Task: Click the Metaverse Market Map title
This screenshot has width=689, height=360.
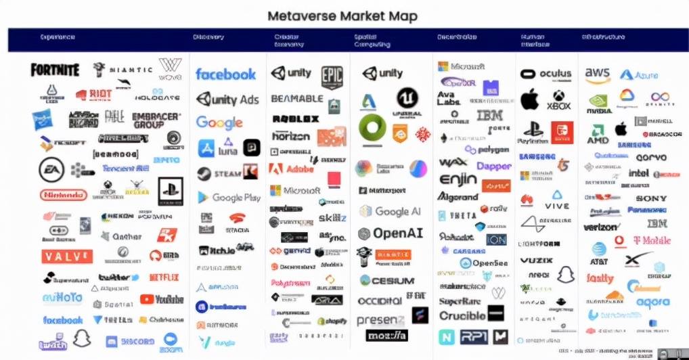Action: point(342,15)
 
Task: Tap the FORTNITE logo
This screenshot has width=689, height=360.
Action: point(55,70)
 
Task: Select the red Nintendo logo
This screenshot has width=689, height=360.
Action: point(64,195)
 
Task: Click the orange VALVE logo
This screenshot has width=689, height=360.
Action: point(66,256)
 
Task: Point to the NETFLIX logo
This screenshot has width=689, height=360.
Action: point(164,277)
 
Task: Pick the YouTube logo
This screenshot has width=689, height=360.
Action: point(162,299)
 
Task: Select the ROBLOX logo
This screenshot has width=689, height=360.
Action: point(296,118)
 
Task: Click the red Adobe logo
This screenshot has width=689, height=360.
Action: point(292,168)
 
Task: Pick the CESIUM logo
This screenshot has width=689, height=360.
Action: point(387,280)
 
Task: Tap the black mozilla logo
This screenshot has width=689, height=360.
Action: point(387,335)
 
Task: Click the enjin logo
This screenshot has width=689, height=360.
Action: point(458,179)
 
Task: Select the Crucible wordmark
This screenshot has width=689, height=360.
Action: point(463,315)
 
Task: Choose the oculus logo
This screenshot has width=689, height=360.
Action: point(547,74)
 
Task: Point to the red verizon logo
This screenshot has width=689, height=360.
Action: point(600,227)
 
